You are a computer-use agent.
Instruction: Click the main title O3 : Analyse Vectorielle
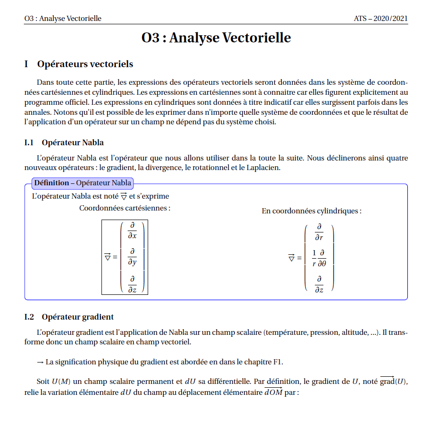tap(216, 38)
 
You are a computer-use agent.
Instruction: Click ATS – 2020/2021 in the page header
tap(381, 19)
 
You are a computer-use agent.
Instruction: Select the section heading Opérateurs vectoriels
tap(85, 64)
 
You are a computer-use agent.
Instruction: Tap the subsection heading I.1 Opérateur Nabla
tap(64, 142)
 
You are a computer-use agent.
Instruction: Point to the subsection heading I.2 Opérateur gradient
tap(69, 317)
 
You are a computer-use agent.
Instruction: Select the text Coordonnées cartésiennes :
tap(125, 208)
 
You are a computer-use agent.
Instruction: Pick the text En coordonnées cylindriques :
tap(312, 211)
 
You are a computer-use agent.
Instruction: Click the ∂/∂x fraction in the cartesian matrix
tap(132, 231)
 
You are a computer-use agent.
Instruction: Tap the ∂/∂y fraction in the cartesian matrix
tap(132, 257)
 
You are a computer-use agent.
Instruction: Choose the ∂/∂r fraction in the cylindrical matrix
tap(319, 232)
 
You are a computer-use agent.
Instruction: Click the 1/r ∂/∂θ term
tap(319, 258)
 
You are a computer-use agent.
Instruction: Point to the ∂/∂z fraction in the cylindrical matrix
tap(319, 284)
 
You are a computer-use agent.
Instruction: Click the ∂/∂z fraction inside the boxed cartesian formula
tap(132, 284)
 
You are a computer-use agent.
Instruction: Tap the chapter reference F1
tap(278, 362)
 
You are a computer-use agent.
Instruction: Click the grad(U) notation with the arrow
tap(394, 382)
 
